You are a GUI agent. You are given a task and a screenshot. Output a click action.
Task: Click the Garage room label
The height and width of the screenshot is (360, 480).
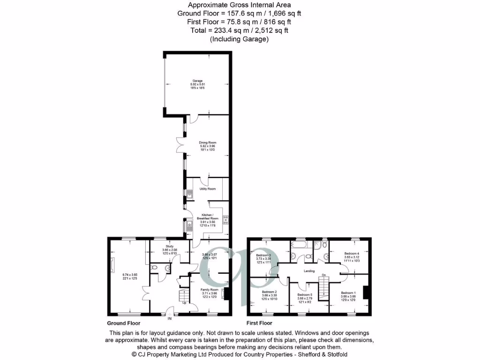click(197, 81)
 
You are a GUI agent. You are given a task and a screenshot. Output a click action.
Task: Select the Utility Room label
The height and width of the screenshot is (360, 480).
click(208, 188)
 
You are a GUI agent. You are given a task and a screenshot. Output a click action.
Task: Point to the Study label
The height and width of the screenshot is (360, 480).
click(170, 246)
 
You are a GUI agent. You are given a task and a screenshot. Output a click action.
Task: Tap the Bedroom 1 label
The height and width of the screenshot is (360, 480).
click(348, 292)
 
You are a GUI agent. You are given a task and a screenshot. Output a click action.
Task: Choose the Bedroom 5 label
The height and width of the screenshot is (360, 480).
click(305, 295)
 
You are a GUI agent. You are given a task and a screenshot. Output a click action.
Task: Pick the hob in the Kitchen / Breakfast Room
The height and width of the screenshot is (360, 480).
click(225, 219)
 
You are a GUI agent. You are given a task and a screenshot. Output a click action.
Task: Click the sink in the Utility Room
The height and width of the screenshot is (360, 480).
click(190, 195)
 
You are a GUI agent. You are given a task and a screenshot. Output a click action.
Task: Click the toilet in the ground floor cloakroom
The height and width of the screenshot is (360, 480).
click(155, 268)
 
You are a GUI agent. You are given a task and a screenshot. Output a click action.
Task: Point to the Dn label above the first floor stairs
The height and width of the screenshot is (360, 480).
click(324, 275)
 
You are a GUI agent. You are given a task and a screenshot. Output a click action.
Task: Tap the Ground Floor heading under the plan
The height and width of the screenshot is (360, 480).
click(124, 323)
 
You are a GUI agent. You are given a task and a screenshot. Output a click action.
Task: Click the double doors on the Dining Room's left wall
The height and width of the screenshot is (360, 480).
click(179, 145)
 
